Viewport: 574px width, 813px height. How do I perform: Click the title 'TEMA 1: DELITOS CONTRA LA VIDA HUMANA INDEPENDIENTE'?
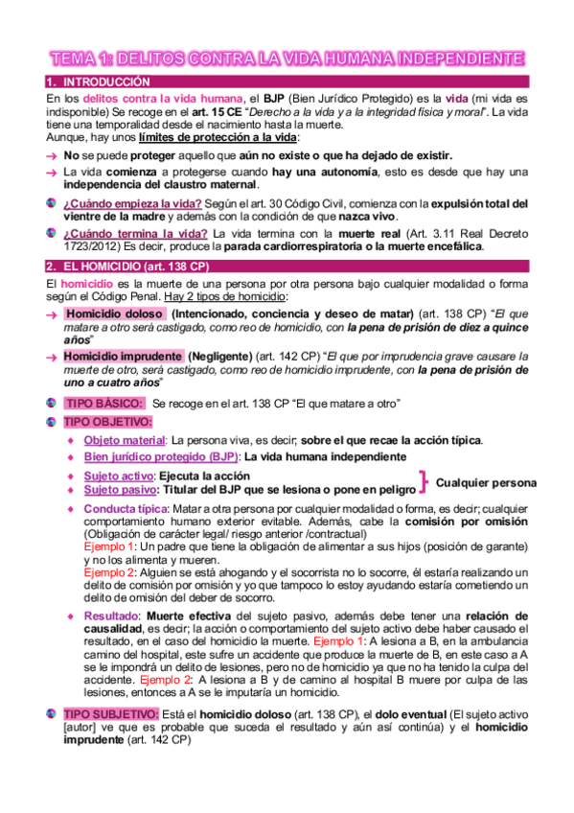(287, 59)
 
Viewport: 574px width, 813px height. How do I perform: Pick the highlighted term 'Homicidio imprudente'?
(122, 355)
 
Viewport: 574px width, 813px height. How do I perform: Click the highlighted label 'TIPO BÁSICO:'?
(103, 404)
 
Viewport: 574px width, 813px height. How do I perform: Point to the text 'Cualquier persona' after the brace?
(486, 482)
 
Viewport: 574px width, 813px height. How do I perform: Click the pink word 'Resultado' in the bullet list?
(112, 615)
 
